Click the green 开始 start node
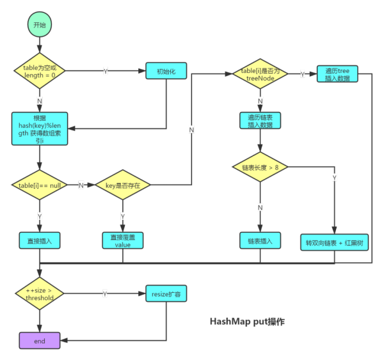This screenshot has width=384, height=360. point(40,25)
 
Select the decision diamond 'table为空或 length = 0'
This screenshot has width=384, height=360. point(40,70)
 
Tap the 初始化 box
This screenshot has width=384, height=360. point(166,70)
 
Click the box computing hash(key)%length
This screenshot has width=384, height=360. point(40,130)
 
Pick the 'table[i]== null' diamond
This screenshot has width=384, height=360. point(40,185)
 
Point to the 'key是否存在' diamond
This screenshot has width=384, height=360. point(123,185)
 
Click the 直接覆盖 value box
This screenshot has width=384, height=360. point(123,240)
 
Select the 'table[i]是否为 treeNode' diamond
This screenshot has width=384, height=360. point(260,74)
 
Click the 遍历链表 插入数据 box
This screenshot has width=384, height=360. point(260,120)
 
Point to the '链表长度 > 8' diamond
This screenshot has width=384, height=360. point(260,167)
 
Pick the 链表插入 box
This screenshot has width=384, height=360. point(260,241)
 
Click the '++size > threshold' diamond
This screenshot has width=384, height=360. point(40,293)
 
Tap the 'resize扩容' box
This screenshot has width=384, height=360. point(166,293)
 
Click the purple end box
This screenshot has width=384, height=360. point(40,341)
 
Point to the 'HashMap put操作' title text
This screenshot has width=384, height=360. point(246,322)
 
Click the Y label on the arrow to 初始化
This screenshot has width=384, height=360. point(106,70)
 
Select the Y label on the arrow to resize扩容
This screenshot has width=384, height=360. point(105,293)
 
